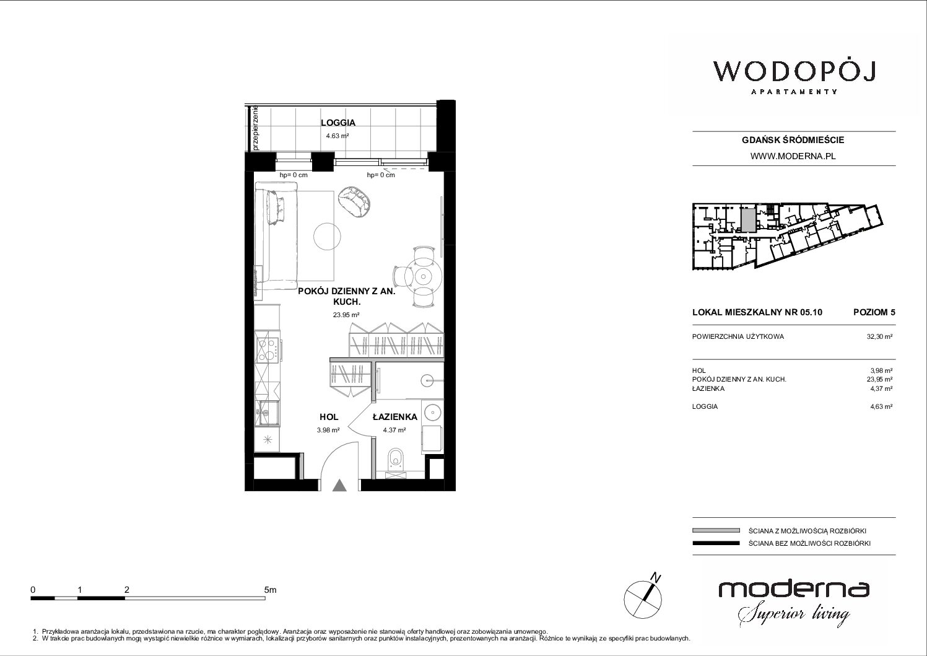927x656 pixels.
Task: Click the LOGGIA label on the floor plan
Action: click(338, 123)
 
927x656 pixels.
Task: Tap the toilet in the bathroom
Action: click(395, 459)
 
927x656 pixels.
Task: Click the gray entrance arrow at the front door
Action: click(339, 485)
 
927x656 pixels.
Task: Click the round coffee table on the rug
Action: click(327, 237)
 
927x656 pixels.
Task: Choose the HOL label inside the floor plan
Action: click(329, 417)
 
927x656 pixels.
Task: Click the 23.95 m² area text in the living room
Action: click(346, 315)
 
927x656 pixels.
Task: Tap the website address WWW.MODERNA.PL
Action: click(793, 156)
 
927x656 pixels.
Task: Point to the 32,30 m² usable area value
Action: click(879, 336)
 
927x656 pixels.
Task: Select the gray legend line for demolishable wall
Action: click(716, 531)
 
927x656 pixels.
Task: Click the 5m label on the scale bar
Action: click(270, 590)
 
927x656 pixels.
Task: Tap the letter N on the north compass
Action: click(656, 577)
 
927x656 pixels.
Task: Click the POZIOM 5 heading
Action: click(874, 312)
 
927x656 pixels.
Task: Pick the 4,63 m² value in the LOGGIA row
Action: click(881, 406)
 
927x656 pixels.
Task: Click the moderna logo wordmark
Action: click(794, 589)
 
